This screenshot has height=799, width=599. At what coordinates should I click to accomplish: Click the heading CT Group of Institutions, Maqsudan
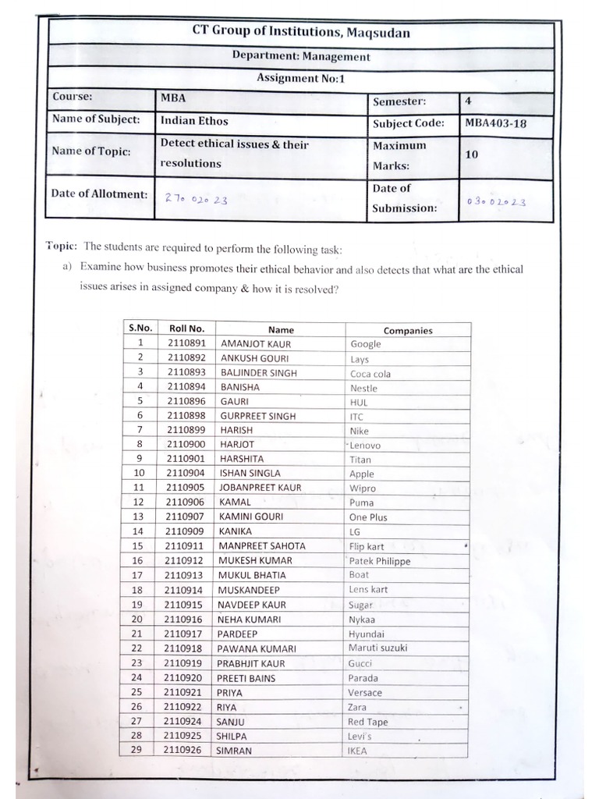click(x=301, y=33)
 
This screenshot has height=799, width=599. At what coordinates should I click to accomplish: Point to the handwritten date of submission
click(x=496, y=201)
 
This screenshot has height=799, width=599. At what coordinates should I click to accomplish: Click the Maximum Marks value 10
click(x=471, y=154)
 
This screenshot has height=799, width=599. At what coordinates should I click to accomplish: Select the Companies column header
click(x=407, y=330)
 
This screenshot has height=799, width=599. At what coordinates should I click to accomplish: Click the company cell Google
click(x=366, y=344)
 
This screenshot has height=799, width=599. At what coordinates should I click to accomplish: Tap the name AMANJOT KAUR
click(x=256, y=343)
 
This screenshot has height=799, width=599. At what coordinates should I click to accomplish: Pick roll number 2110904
click(x=186, y=473)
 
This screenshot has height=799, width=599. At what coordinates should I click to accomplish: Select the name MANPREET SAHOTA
click(x=262, y=545)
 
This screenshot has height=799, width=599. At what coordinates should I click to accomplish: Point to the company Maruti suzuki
click(x=377, y=648)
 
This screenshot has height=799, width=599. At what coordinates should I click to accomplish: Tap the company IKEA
click(x=356, y=751)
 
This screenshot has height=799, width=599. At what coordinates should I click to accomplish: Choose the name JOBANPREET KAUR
click(x=261, y=488)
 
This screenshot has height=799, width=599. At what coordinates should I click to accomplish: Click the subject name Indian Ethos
click(x=194, y=121)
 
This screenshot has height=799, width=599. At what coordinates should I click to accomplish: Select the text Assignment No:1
click(x=301, y=78)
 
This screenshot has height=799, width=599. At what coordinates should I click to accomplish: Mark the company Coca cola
click(x=370, y=374)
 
